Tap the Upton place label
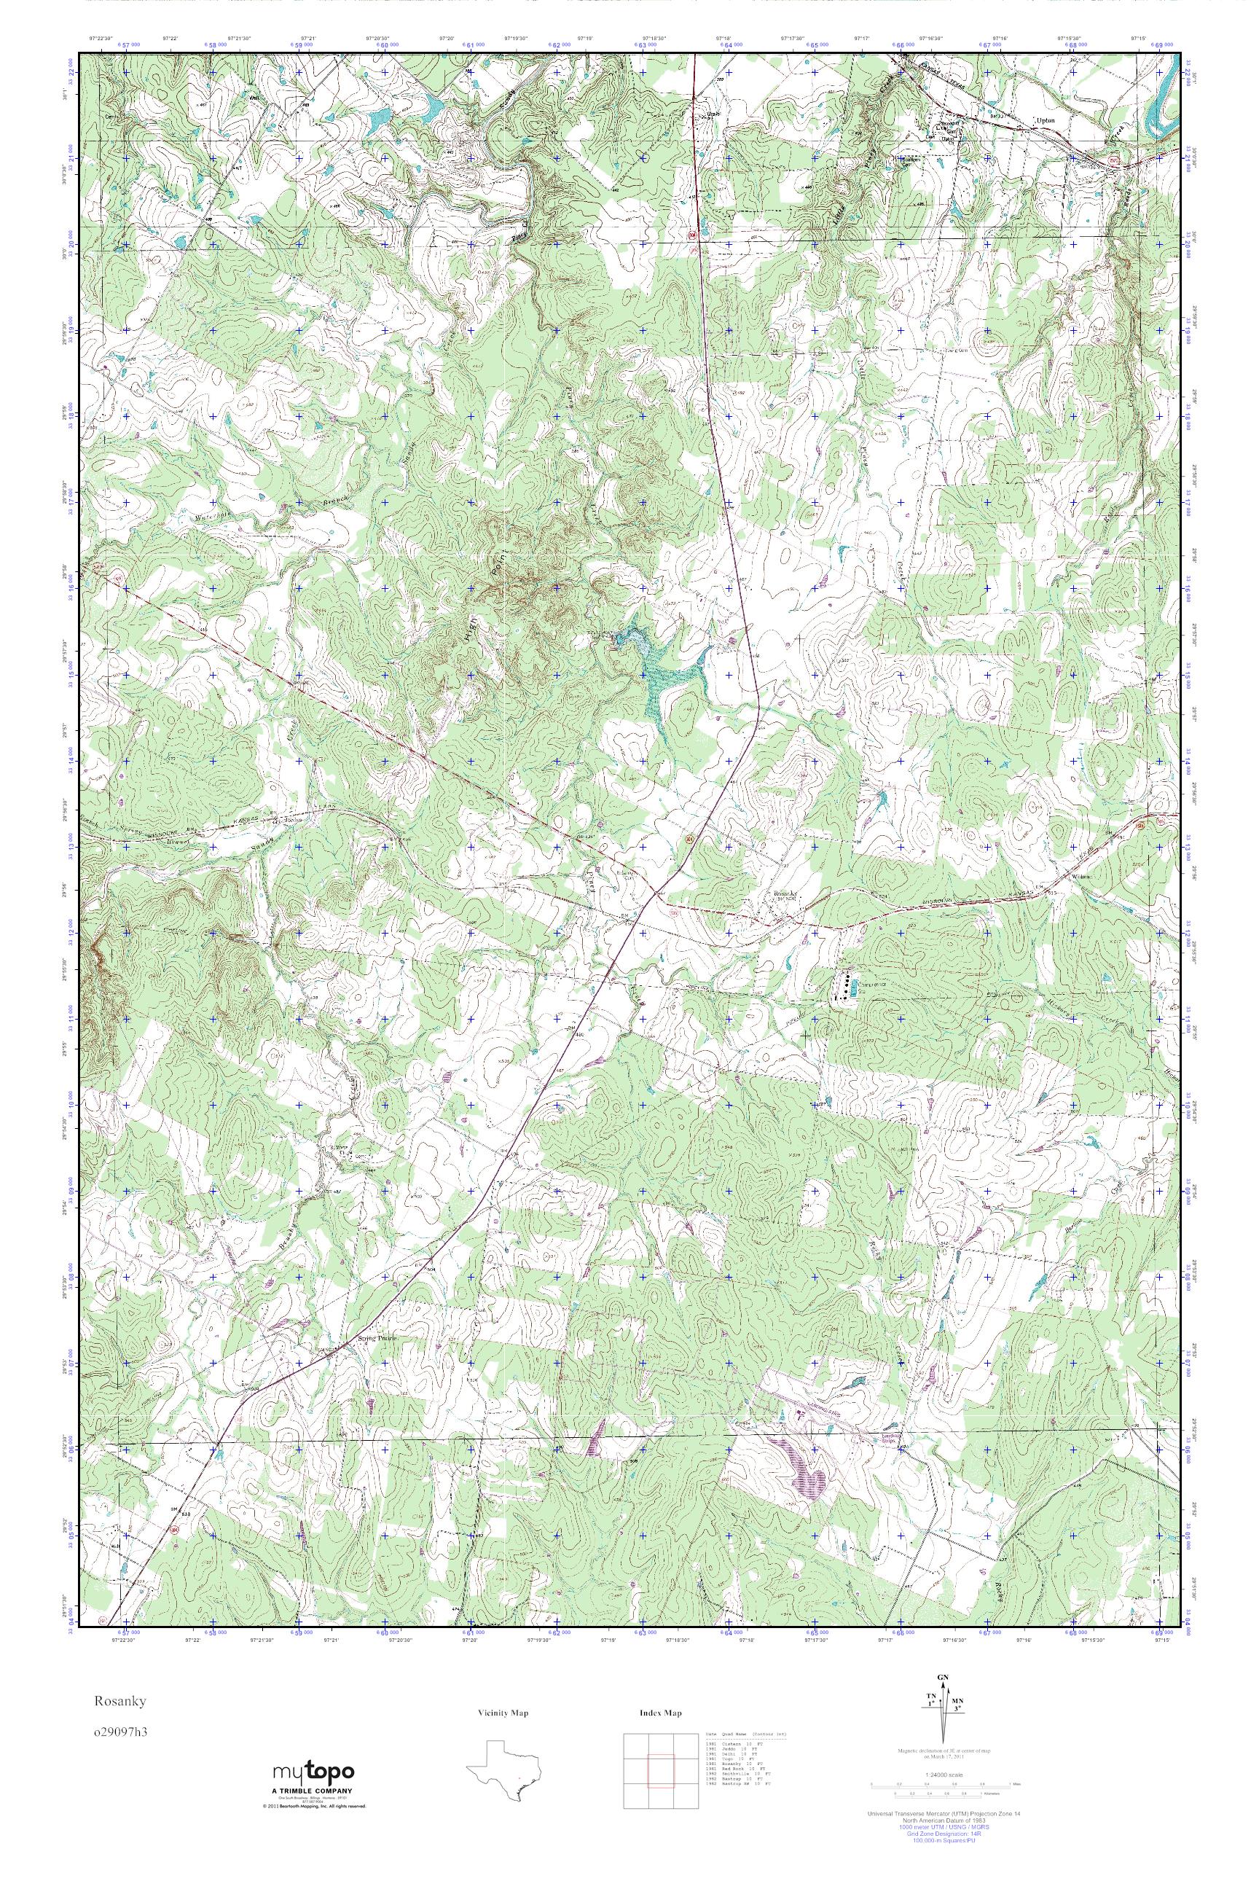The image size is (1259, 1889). (x=1045, y=120)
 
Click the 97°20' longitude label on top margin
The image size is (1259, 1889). (x=447, y=38)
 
